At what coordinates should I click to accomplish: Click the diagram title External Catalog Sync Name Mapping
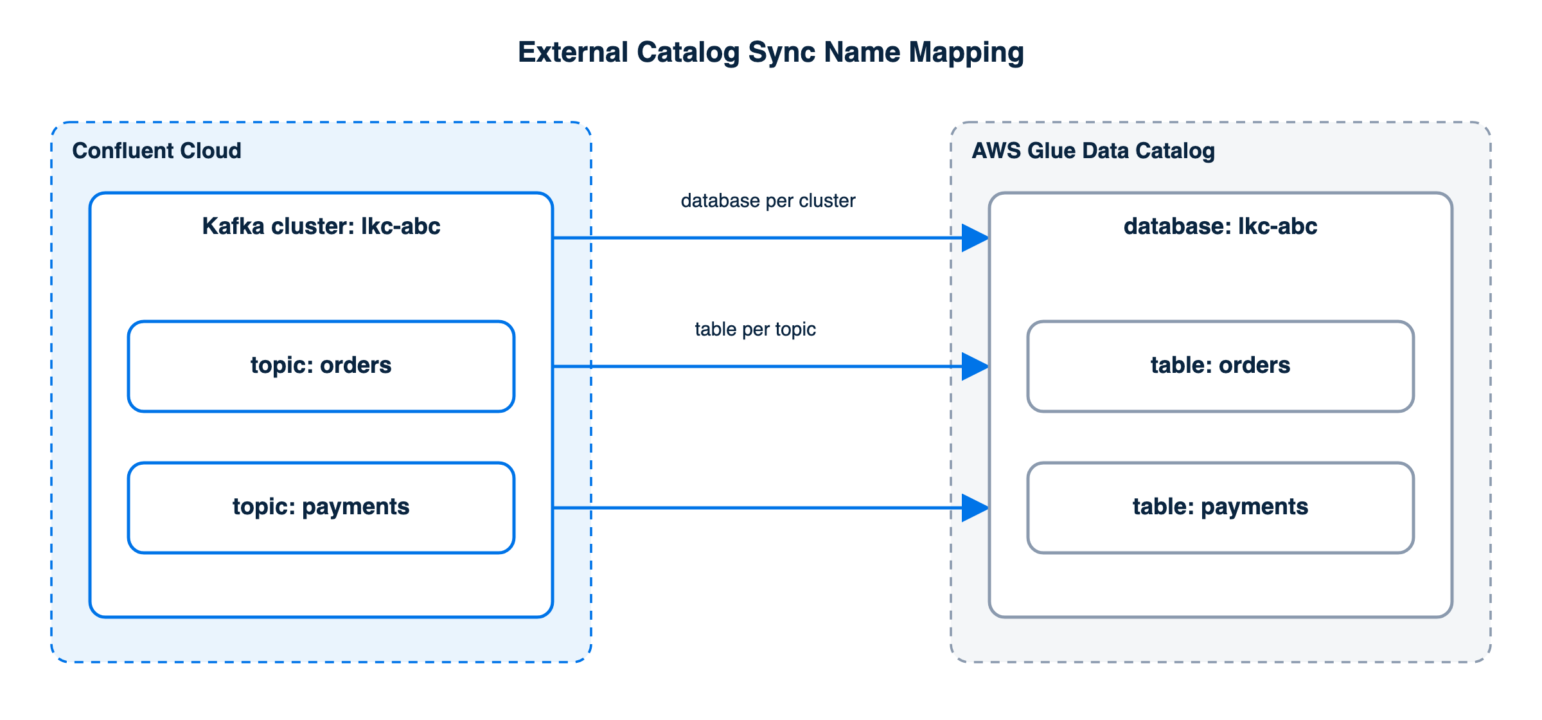click(771, 53)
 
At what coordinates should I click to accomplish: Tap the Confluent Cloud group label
click(157, 150)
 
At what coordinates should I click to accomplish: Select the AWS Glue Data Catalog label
click(1094, 151)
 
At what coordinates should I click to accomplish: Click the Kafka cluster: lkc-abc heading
click(321, 226)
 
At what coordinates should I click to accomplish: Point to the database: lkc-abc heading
click(1221, 226)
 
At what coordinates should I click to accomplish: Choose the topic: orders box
click(321, 366)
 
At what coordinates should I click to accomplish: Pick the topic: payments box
click(321, 508)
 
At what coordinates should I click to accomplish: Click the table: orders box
click(1221, 366)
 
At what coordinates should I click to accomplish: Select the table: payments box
click(1221, 508)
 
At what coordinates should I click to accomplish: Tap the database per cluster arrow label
click(768, 201)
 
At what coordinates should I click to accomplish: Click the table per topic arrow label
click(756, 330)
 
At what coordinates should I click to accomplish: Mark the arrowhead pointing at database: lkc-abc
click(975, 238)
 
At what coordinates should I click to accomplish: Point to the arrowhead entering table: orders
click(975, 366)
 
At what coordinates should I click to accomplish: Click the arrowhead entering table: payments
click(975, 508)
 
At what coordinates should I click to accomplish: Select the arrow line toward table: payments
click(771, 508)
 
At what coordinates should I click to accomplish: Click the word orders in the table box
click(1255, 365)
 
